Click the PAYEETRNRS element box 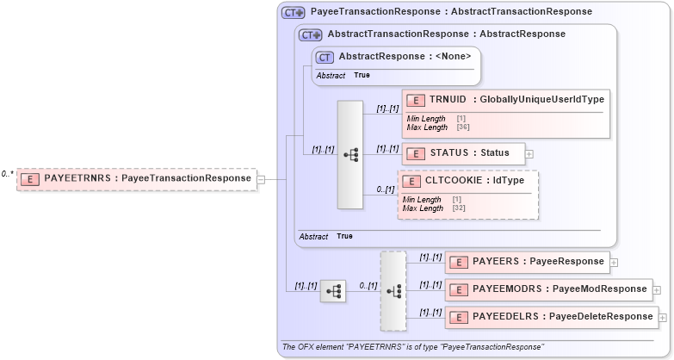[137, 178]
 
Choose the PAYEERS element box [527, 261]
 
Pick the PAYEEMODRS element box [548, 289]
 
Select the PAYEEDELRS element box [551, 316]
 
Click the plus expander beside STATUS [529, 154]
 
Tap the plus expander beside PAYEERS [614, 262]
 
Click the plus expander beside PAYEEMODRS [657, 289]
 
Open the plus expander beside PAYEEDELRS [663, 317]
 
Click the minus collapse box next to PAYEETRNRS [261, 179]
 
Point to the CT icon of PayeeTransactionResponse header [294, 13]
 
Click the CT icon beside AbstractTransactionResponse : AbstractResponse [310, 34]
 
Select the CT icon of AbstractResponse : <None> [325, 57]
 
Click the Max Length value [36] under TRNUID [463, 127]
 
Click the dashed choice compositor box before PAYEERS [393, 291]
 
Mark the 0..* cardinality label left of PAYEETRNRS [7, 174]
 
